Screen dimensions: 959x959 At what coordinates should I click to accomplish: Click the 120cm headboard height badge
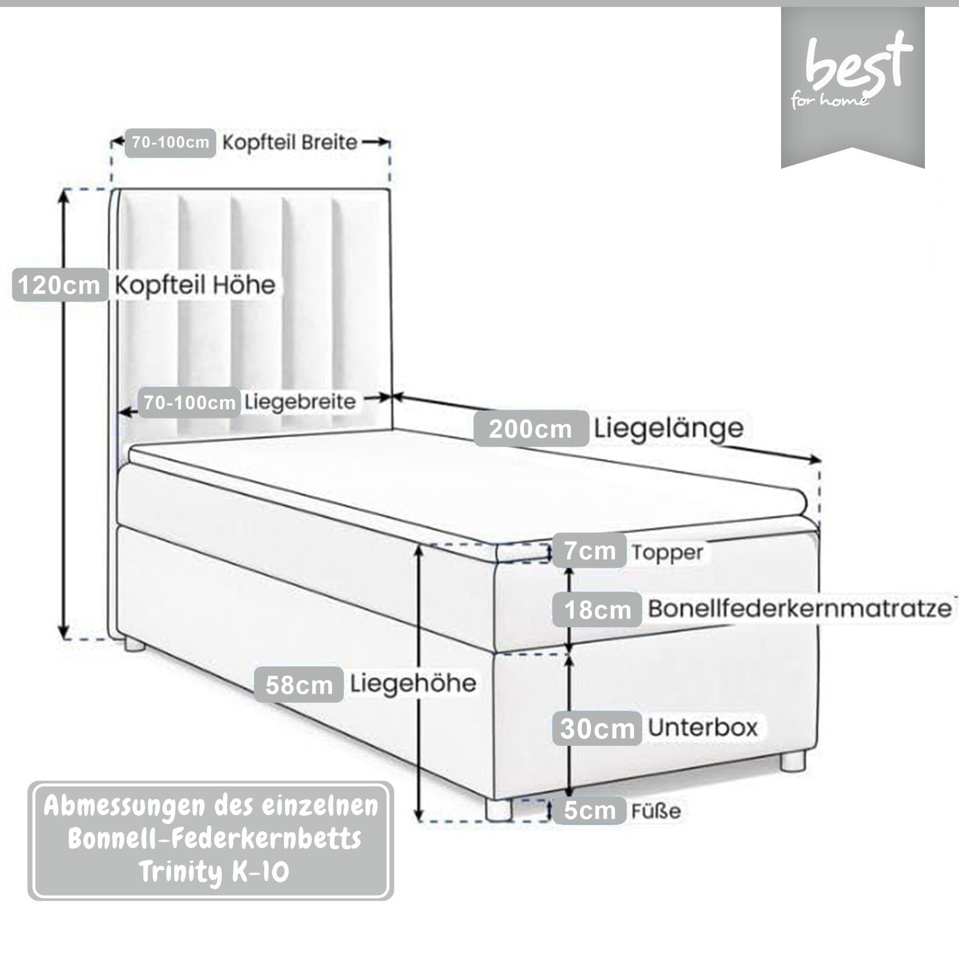pos(60,286)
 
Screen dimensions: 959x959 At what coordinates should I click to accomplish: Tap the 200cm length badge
pos(531,428)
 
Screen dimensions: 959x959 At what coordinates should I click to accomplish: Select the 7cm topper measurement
pos(590,550)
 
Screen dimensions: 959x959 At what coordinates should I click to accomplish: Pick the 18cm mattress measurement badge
pos(597,609)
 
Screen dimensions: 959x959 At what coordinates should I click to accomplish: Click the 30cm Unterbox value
pos(597,728)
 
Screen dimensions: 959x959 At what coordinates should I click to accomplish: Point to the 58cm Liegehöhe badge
pos(298,685)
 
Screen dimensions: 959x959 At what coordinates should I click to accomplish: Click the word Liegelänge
pos(669,427)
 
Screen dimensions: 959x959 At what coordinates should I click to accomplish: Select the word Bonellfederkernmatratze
pos(799,608)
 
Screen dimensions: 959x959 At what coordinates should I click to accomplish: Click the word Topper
pos(668,552)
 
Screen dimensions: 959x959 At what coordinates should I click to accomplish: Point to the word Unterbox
pos(702,727)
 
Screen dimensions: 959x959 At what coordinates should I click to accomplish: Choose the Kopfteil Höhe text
pos(196,286)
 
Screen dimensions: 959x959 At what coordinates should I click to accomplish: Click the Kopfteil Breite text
pos(289,143)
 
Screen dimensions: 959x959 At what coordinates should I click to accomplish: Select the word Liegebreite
pos(300,402)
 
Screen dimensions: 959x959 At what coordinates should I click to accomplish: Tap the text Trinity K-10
pos(213,872)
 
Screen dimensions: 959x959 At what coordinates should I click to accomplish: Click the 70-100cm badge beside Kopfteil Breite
pos(170,143)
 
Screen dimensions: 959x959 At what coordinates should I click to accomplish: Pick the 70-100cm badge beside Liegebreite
pos(189,402)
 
